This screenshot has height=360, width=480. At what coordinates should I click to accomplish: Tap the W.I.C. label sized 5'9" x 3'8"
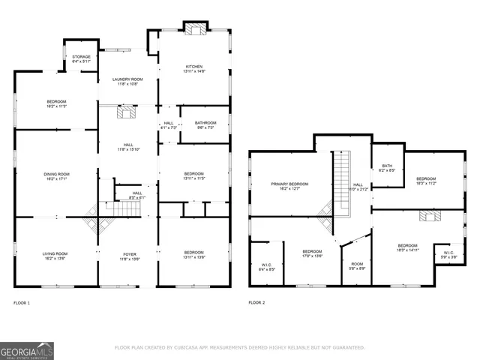click(x=448, y=255)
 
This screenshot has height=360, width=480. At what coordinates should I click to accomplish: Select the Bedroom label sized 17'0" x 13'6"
click(x=312, y=253)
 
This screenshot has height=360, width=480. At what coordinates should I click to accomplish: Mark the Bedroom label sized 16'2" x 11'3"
click(x=56, y=103)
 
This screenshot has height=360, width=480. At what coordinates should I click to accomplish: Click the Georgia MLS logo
click(x=27, y=350)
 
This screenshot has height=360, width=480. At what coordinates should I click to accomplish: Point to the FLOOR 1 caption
click(x=22, y=303)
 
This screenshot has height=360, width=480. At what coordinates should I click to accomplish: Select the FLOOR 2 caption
click(x=256, y=303)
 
